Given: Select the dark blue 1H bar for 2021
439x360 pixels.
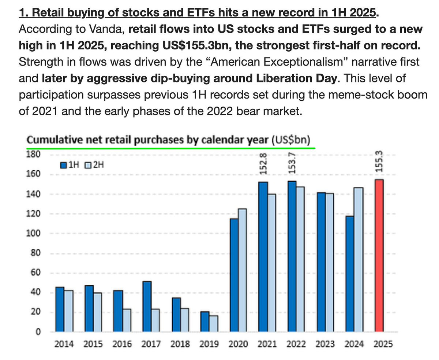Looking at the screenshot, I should point(263,256).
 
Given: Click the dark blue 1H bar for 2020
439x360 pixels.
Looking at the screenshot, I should point(234,275).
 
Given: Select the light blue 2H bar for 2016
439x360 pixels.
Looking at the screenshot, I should point(127,320).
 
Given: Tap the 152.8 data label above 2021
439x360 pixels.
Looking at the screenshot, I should point(263,164).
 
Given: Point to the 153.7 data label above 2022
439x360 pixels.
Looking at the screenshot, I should point(292,164).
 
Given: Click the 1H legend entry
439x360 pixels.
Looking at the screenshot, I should point(70,165).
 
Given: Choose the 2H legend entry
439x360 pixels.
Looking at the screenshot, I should point(95,165).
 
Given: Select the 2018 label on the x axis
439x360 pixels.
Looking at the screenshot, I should point(180,344).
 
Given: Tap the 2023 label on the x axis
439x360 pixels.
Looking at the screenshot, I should point(325,344).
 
